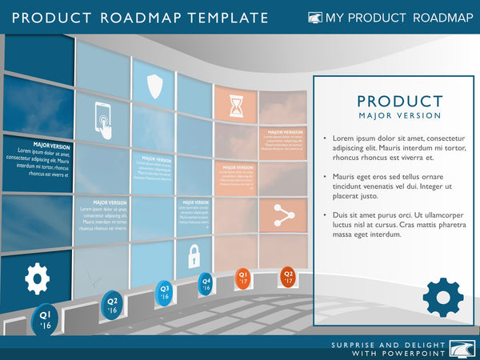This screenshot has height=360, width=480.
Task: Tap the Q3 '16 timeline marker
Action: [x=165, y=292]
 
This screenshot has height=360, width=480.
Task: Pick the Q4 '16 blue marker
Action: [x=206, y=283]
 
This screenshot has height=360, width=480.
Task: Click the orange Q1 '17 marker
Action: [x=242, y=278]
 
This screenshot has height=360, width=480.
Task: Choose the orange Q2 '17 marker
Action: [x=288, y=277]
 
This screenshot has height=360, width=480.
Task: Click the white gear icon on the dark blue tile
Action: [x=37, y=278]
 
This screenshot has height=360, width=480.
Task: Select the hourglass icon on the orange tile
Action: [x=236, y=105]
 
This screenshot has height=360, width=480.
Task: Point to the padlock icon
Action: [x=194, y=256]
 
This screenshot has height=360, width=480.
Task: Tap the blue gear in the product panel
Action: [x=442, y=297]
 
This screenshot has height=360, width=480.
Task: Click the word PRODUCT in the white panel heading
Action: [x=399, y=101]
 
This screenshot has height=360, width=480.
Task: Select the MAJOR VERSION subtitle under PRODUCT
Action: [x=399, y=116]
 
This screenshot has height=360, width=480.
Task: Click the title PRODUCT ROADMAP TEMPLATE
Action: [x=140, y=18]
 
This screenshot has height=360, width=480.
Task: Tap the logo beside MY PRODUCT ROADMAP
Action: [x=315, y=18]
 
